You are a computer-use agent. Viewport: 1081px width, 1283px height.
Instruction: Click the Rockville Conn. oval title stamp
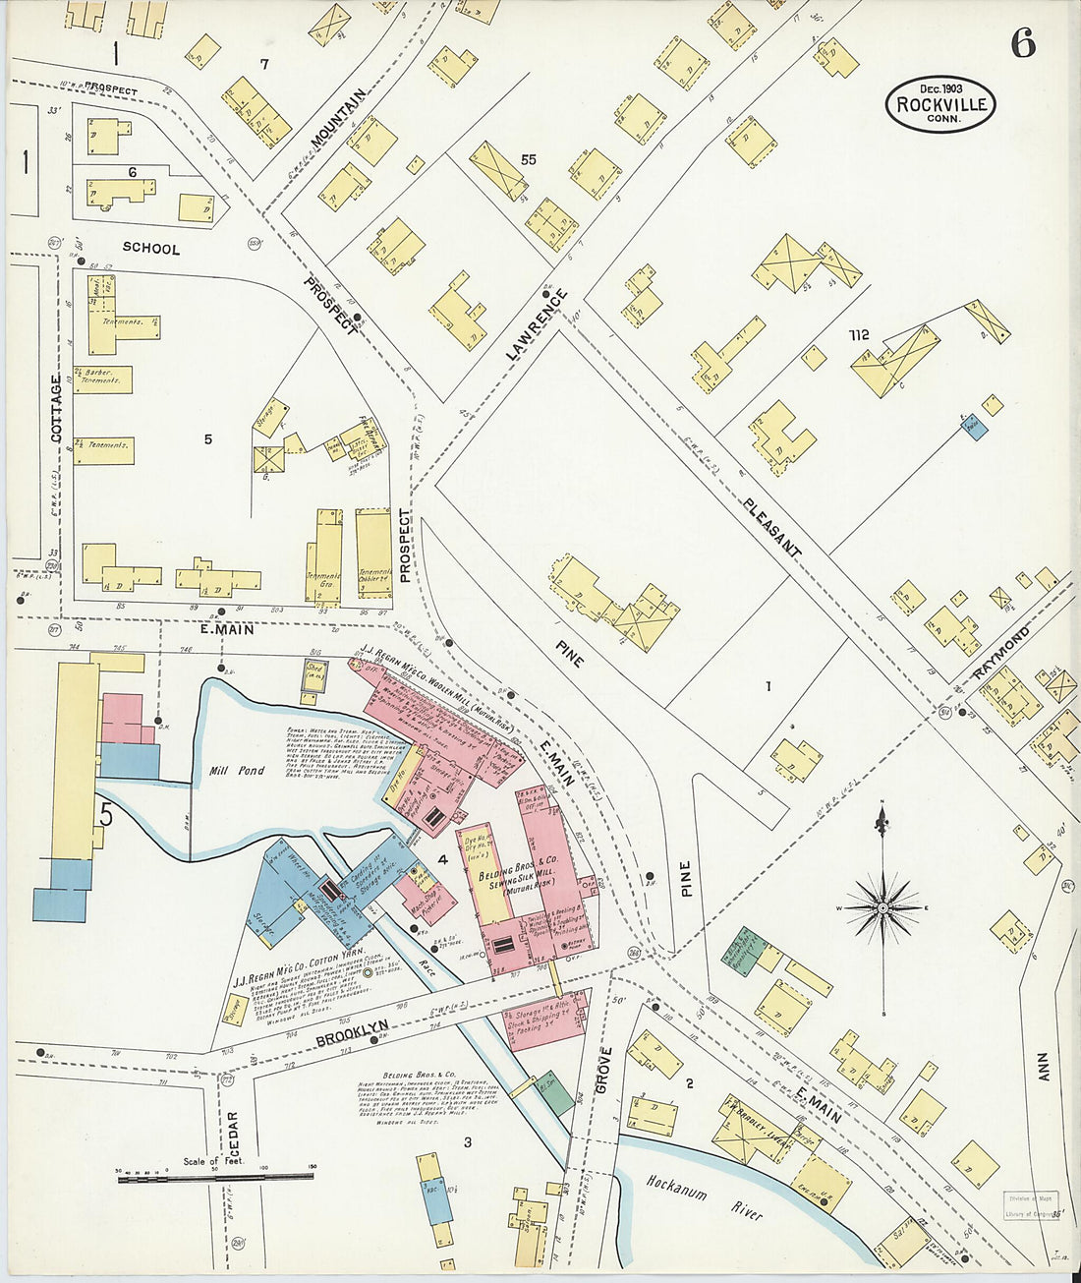(940, 104)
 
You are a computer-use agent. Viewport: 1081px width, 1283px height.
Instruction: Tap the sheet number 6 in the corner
(1023, 44)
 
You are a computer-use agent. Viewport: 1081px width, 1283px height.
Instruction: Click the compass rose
(882, 907)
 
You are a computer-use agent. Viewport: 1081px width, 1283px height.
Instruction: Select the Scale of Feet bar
(215, 1176)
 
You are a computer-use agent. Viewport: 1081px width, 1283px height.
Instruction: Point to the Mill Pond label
(239, 771)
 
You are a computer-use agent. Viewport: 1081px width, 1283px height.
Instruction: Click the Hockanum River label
(704, 1194)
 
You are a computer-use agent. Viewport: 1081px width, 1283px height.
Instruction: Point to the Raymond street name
(1002, 651)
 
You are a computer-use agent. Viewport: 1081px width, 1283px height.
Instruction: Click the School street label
(151, 249)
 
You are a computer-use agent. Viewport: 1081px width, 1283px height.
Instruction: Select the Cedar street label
(233, 1134)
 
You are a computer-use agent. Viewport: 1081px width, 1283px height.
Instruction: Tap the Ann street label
(1042, 1067)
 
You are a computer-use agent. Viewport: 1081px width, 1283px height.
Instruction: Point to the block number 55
(529, 159)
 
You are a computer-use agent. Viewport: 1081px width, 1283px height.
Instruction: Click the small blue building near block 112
(974, 429)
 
